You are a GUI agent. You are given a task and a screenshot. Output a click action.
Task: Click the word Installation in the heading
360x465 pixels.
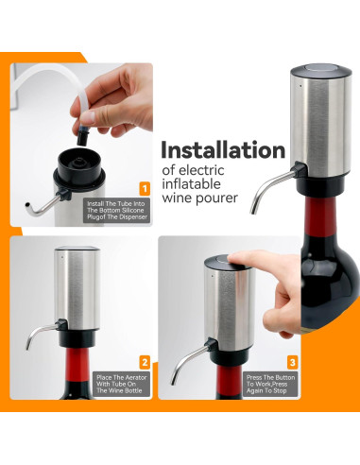[x=222, y=150]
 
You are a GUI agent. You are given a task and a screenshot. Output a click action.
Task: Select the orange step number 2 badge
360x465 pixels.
[x=145, y=362]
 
